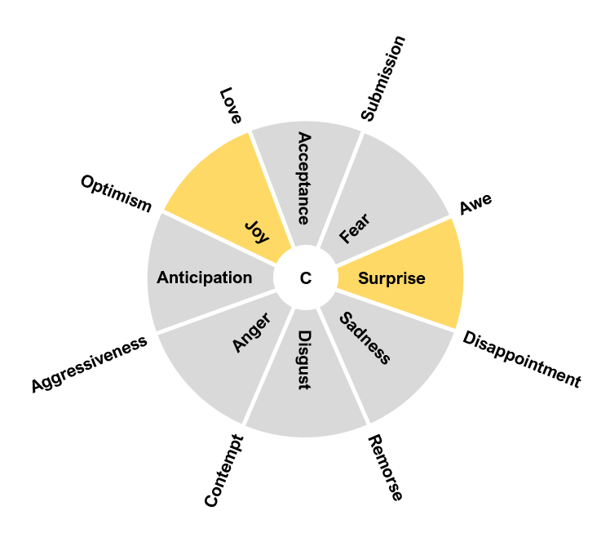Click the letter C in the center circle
305,278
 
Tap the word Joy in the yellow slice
257,232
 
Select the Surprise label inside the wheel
391,278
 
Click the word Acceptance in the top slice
303,178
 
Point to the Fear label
355,229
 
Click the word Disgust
303,359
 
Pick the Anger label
251,332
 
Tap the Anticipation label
204,277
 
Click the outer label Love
231,106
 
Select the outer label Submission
382,78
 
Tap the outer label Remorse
385,468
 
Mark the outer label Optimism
116,193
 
